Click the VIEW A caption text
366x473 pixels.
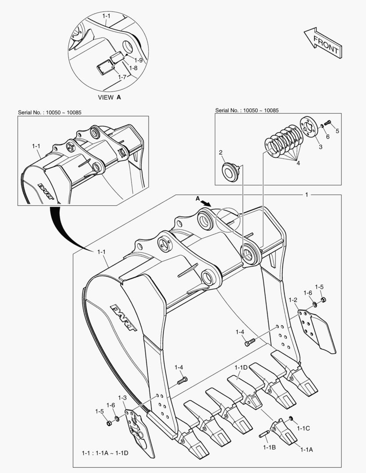[109, 97]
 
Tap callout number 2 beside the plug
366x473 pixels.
[221, 152]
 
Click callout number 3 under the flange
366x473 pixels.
[320, 147]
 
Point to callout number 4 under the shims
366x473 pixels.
[298, 163]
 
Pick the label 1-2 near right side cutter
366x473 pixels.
[293, 300]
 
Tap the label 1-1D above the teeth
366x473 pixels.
[242, 367]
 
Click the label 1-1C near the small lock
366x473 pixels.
[303, 428]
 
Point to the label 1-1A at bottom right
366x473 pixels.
[306, 449]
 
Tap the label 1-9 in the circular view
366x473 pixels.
[139, 60]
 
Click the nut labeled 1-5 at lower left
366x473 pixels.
[108, 423]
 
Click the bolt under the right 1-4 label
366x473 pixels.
[250, 343]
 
